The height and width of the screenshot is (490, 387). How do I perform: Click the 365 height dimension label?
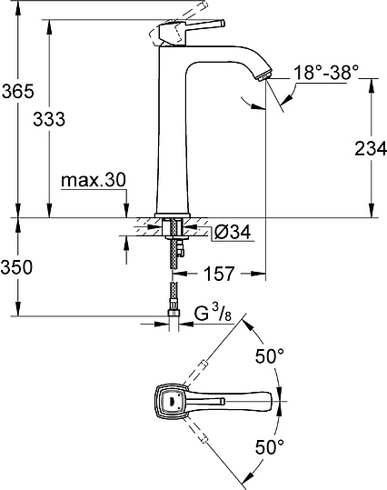click(x=16, y=92)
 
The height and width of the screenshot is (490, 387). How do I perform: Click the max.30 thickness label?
click(x=93, y=180)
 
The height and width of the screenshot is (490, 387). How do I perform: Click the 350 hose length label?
click(x=16, y=267)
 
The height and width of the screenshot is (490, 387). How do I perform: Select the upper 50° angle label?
click(x=268, y=357)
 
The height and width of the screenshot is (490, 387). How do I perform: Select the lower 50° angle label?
click(x=268, y=446)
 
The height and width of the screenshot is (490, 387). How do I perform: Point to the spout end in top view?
click(x=270, y=401)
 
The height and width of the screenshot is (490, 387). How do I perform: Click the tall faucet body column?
click(x=173, y=136)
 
